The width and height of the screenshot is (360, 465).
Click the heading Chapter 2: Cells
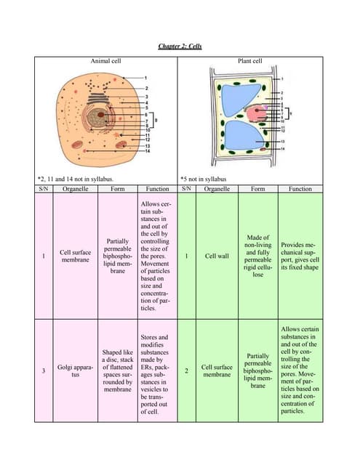[x=180, y=46]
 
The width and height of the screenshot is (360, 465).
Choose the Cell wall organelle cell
[x=217, y=256]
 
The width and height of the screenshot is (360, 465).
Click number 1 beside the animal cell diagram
[x=145, y=77]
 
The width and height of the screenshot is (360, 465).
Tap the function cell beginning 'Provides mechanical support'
[x=300, y=256]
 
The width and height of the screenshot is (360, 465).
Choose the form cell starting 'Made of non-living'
[x=257, y=256]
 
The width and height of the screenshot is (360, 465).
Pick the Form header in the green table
[x=257, y=189]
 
